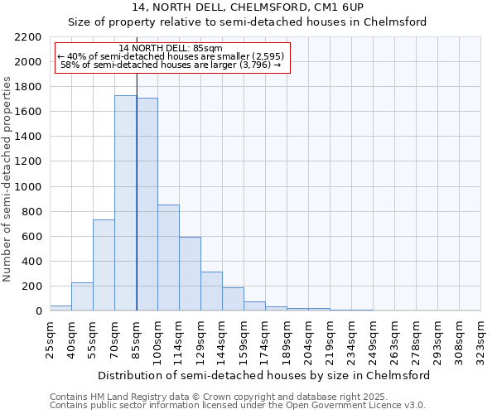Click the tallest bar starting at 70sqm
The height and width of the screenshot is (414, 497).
[125, 203]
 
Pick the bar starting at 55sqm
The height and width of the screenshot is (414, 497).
[104, 265]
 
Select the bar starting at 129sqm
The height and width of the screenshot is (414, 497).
[211, 291]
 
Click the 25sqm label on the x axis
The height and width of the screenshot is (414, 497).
[50, 339]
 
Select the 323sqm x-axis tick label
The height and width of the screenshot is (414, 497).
[480, 339]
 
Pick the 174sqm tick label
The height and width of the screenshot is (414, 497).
[265, 339]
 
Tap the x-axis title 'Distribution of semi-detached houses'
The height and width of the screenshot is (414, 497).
[263, 375]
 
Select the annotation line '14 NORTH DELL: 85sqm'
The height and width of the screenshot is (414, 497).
[171, 49]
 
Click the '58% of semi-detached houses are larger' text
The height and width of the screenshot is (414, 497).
[172, 65]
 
